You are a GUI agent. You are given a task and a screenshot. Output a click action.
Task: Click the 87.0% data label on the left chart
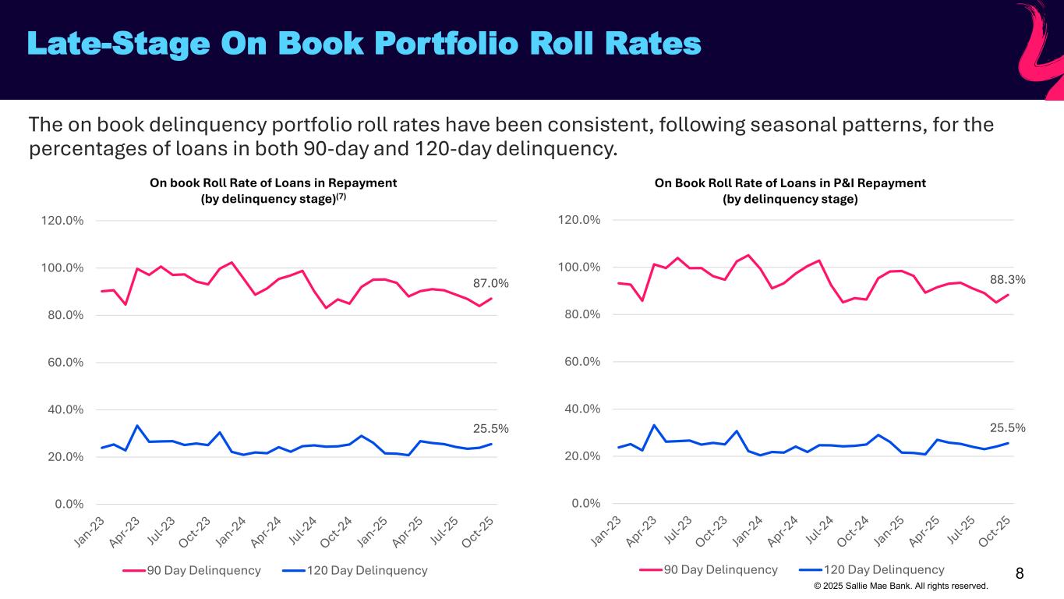tap(490, 284)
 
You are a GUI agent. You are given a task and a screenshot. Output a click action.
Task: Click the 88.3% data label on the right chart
tap(1007, 279)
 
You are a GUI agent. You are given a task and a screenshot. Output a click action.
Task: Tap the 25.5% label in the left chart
tap(490, 428)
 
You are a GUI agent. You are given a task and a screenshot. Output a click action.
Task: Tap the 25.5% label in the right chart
tap(1007, 427)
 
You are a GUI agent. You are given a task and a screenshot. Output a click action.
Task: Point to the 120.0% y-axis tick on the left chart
tap(62, 221)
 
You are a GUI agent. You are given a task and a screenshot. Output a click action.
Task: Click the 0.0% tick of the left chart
tap(68, 504)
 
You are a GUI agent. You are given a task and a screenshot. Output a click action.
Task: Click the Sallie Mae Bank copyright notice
tap(900, 586)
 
